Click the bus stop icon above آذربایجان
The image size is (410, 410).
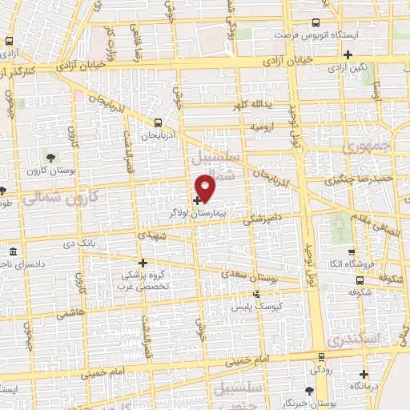pos(158,123)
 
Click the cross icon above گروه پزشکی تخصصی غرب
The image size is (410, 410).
pos(143,263)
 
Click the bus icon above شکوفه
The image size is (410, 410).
pos(360,281)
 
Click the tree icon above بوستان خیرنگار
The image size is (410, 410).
pos(310,389)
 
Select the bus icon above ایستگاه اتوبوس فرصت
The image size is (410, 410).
pos(316,23)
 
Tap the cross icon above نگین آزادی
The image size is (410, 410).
pos(348,54)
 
